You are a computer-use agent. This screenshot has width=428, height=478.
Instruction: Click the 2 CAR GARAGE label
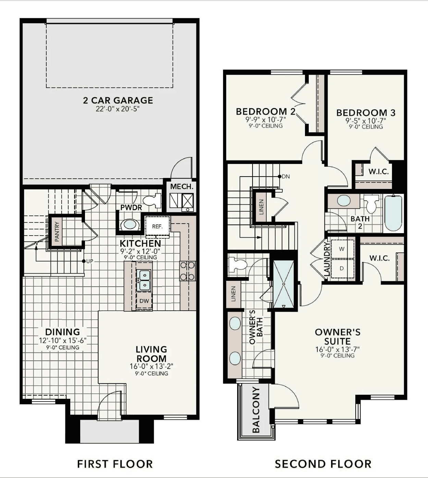click(x=118, y=100)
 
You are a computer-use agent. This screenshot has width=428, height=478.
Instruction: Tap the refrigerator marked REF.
click(x=157, y=227)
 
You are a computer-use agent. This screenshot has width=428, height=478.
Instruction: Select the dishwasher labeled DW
click(x=144, y=301)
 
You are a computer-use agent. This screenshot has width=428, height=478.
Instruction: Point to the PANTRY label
click(x=57, y=231)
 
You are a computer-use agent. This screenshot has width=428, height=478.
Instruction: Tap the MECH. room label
click(x=182, y=187)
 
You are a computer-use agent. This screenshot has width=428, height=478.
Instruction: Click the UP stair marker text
click(x=89, y=261)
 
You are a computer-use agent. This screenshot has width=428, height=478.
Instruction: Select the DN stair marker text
click(x=286, y=177)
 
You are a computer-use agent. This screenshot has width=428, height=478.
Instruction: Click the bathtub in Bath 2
click(x=393, y=213)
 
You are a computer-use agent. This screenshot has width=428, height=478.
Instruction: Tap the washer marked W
click(x=342, y=249)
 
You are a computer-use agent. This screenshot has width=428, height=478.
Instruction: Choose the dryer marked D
click(x=342, y=268)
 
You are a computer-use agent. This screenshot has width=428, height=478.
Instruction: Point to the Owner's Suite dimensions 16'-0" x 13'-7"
click(x=338, y=349)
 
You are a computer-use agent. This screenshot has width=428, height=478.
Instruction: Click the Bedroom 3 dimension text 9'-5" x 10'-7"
click(x=366, y=121)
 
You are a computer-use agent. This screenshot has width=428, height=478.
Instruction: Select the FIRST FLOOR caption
click(x=115, y=464)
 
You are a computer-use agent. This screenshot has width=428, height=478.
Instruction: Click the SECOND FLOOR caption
click(x=323, y=464)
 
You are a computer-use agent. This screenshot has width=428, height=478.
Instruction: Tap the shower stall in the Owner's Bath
click(x=283, y=284)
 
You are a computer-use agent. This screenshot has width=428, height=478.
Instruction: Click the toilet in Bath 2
click(x=372, y=204)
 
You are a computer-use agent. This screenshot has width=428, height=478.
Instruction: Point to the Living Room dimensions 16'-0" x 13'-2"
click(x=151, y=367)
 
